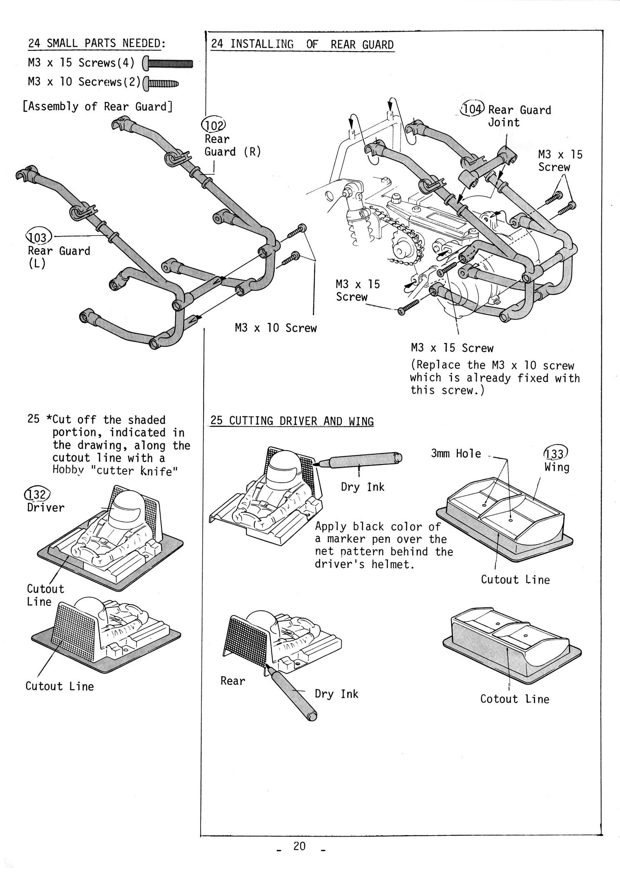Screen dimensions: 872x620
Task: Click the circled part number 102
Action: click(213, 125)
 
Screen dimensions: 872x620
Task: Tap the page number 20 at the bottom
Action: click(299, 845)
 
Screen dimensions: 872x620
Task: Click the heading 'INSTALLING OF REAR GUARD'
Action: click(303, 45)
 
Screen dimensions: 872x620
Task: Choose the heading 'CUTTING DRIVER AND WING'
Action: click(292, 421)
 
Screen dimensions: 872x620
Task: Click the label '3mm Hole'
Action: click(456, 453)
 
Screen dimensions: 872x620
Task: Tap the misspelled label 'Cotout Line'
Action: click(515, 699)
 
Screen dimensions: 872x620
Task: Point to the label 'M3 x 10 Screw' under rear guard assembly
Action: click(275, 328)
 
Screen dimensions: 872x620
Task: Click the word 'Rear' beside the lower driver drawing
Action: click(233, 681)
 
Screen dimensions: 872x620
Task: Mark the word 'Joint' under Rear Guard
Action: click(504, 123)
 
